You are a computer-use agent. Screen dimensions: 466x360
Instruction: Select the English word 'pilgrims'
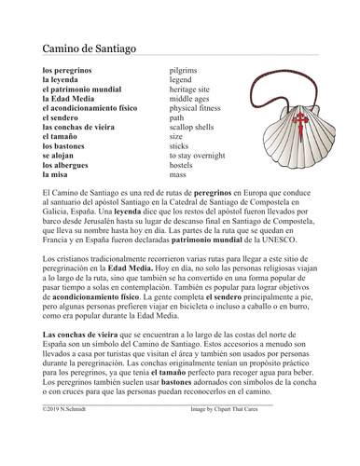click(184, 71)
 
